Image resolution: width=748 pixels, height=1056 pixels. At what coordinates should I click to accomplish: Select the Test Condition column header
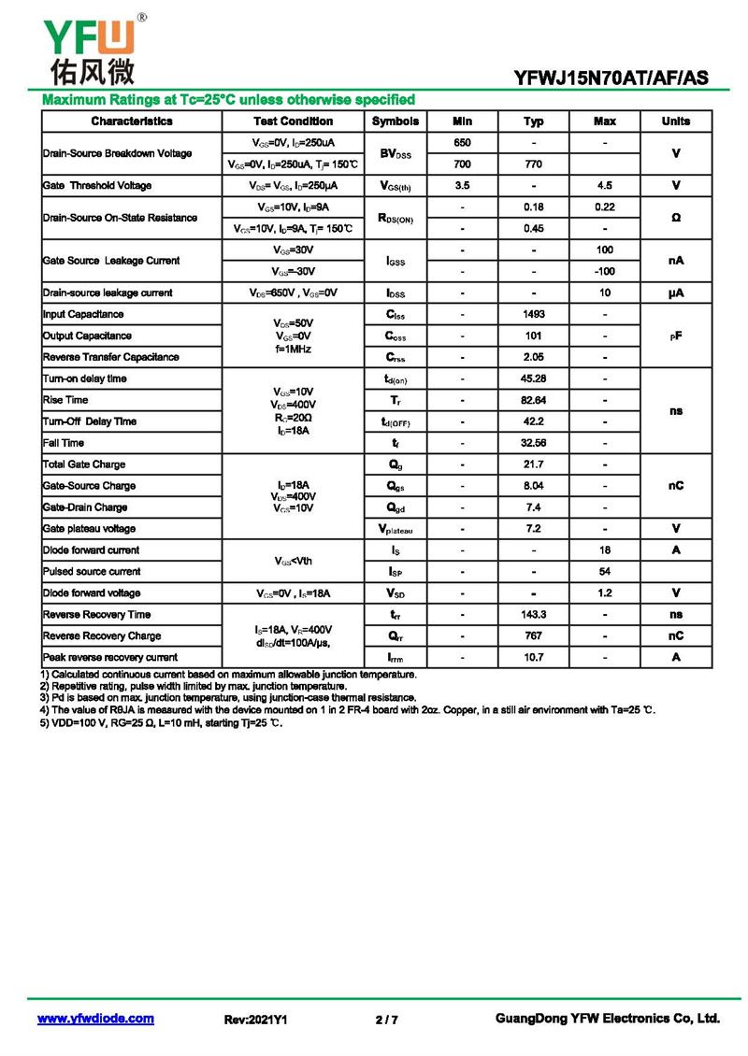293,121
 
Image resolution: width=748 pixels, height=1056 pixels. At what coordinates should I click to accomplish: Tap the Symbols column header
396,121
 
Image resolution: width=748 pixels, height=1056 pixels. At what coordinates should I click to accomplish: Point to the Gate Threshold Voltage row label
97,185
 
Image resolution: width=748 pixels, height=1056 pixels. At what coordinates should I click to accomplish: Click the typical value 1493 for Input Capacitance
534,314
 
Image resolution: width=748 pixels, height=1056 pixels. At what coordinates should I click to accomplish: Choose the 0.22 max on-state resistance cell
605,207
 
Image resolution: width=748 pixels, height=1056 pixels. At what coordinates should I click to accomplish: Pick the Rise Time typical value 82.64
534,400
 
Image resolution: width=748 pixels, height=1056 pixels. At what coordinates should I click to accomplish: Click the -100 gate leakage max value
605,271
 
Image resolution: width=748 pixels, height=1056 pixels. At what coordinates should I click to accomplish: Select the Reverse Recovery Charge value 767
534,635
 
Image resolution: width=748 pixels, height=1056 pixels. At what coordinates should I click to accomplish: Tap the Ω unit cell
675,218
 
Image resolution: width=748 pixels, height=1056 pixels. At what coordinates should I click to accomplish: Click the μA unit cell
675,293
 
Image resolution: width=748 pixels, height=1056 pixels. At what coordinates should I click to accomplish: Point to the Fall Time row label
64,443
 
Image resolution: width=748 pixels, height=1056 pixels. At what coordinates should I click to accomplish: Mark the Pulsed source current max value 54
605,571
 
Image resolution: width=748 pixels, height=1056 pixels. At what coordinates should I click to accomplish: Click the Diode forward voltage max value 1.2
605,592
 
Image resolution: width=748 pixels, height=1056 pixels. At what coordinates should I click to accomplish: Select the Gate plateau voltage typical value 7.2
534,529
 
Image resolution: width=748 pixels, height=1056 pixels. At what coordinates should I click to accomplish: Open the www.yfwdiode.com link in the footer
95,1019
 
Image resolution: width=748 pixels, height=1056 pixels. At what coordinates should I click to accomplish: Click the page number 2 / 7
386,1020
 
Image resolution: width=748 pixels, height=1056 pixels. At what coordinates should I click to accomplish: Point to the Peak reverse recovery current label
110,657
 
